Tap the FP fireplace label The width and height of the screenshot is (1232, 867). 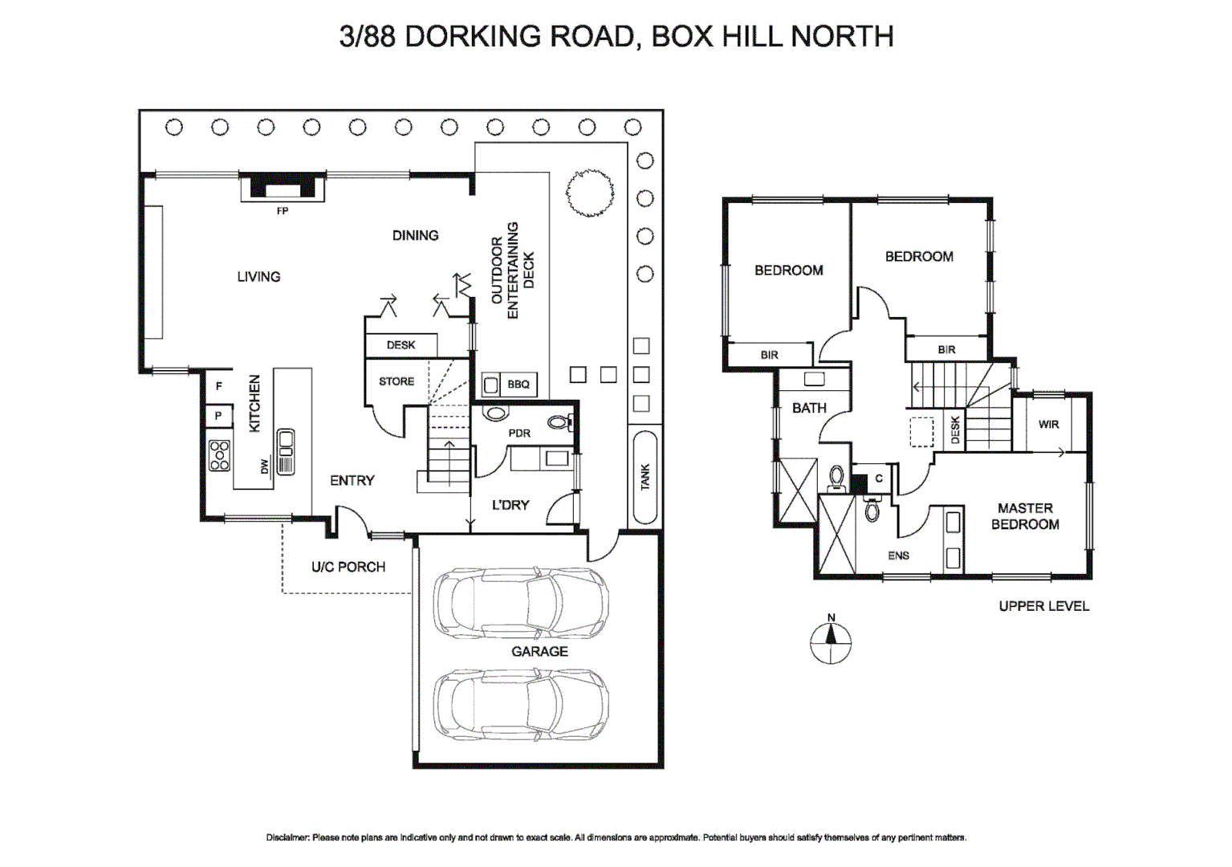point(282,211)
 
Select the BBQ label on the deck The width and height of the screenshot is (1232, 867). point(518,385)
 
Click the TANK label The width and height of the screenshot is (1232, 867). point(645,477)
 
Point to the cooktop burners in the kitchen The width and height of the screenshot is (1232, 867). point(219,455)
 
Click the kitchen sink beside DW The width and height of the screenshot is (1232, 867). point(285,452)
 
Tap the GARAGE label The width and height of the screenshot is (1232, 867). point(539,652)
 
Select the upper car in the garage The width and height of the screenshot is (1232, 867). point(520,604)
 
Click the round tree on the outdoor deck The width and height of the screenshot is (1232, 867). point(590,193)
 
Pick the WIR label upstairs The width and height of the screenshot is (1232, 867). point(1048,425)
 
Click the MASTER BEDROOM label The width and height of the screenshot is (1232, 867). point(1025,516)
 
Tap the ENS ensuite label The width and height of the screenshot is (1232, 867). point(898,556)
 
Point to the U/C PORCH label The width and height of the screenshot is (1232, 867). point(348,567)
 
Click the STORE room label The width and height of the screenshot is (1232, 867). point(396,381)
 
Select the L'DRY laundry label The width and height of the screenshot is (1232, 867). point(510,505)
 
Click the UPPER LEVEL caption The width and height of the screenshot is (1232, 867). point(1043,606)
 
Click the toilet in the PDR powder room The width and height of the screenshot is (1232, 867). point(559,421)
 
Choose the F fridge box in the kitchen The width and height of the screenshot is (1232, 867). point(218,386)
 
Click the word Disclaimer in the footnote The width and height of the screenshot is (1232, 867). point(287,837)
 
